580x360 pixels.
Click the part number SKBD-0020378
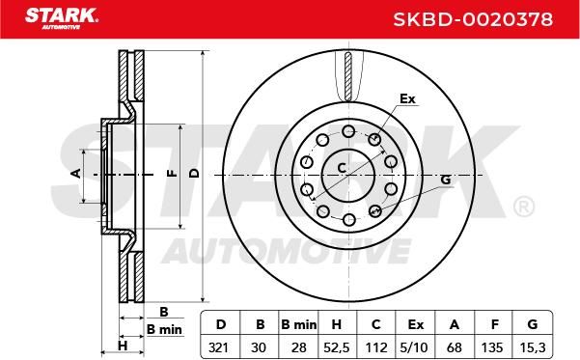tap(473, 19)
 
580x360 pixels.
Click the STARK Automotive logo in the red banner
tap(62, 18)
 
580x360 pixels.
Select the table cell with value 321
tap(219, 347)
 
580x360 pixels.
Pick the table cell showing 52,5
tap(336, 347)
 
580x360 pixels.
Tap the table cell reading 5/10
tap(414, 347)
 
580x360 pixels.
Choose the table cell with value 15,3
tap(533, 347)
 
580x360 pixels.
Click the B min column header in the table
tap(298, 324)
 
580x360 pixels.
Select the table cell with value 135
tap(492, 347)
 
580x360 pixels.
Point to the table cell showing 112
tap(376, 347)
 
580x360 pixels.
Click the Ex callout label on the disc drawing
tap(407, 98)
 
